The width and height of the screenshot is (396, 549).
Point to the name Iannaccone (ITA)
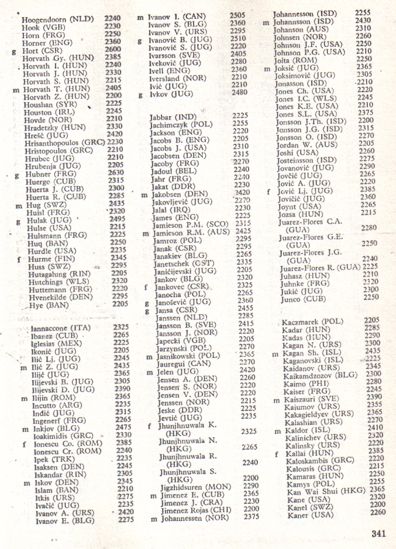coord(60,328)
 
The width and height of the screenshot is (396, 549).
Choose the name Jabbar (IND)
coord(173,115)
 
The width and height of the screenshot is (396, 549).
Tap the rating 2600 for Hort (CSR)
coord(112,49)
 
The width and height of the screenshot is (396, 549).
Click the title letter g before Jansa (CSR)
coord(147,309)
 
